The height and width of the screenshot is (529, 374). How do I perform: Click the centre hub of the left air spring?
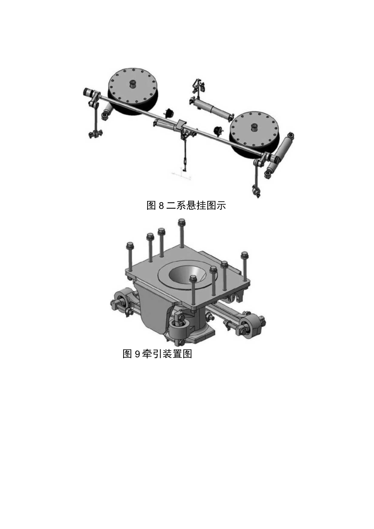(x=133, y=84)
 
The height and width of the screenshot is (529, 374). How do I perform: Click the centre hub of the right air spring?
(x=254, y=127)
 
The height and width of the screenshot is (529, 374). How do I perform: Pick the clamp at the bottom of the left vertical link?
(x=95, y=133)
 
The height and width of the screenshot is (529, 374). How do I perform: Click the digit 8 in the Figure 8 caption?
(x=161, y=206)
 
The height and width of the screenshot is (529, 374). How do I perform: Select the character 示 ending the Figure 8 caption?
(x=221, y=206)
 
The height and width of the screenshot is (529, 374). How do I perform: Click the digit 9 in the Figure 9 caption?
(x=137, y=354)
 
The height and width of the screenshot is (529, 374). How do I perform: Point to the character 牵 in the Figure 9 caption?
(x=147, y=354)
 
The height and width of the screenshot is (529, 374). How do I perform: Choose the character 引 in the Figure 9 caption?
(x=157, y=354)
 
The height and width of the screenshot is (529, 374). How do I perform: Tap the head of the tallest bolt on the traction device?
(x=182, y=222)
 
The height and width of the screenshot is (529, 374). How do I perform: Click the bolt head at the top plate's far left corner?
(x=130, y=246)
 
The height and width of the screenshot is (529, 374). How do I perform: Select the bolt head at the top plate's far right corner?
(x=244, y=255)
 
